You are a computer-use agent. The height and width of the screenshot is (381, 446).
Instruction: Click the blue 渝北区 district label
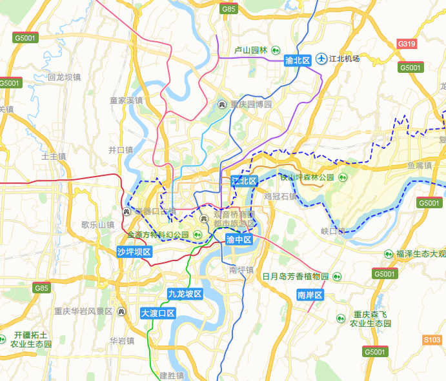tap(298, 60)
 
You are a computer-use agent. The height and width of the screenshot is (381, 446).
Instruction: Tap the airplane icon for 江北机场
tap(321, 59)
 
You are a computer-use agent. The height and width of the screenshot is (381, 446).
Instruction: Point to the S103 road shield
tap(432, 340)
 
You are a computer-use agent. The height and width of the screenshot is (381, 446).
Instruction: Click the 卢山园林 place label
tap(250, 50)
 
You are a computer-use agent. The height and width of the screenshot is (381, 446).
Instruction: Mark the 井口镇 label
tap(120, 150)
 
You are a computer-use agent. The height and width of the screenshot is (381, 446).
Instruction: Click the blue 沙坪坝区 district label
tap(135, 251)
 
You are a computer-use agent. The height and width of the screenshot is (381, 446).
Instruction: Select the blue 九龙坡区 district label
tap(185, 294)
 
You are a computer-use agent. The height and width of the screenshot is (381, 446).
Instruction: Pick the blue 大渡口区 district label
tap(158, 313)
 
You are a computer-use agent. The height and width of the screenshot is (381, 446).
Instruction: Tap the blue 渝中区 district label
tap(239, 239)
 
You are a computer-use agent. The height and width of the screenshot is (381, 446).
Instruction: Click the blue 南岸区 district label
tap(309, 295)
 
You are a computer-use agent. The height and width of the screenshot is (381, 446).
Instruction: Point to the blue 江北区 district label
tap(244, 181)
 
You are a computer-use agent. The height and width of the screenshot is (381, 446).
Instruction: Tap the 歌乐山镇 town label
tap(97, 225)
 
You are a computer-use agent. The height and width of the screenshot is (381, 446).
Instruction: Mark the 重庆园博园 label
tap(251, 104)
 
